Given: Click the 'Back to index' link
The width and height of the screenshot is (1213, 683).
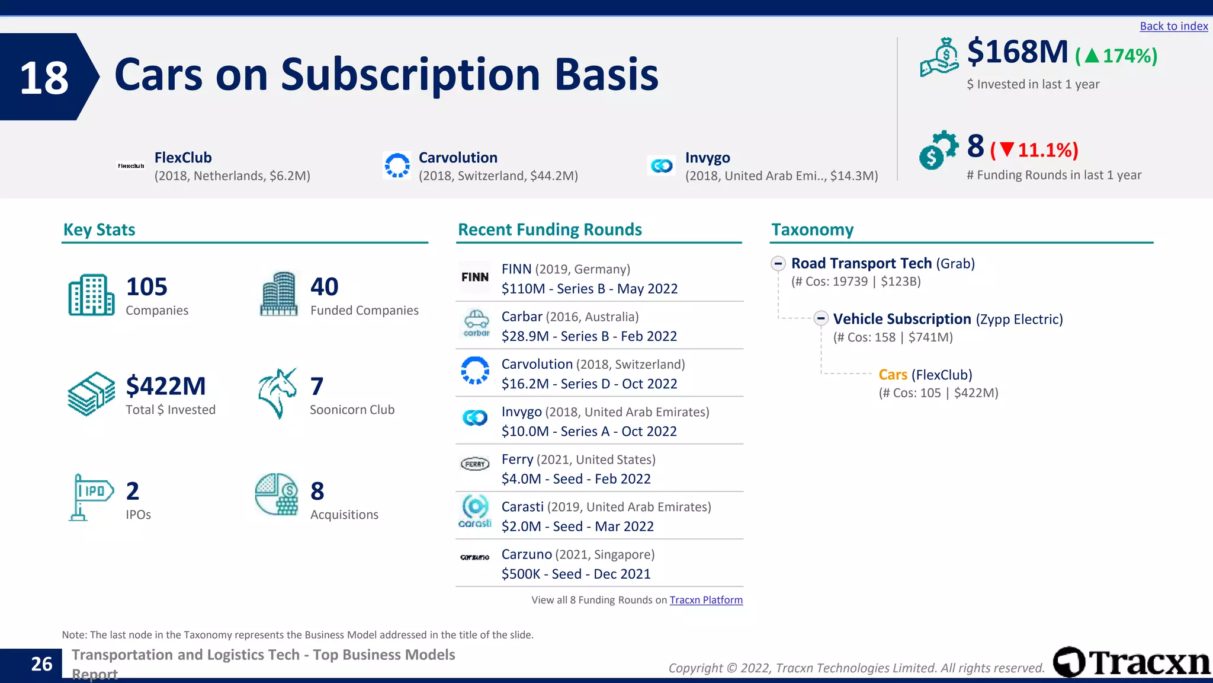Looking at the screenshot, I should point(1173,26).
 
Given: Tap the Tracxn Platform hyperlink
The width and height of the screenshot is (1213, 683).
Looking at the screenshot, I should point(705,600).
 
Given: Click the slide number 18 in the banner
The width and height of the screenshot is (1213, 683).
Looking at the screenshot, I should point(44,78).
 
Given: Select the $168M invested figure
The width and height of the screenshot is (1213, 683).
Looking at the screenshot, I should point(1017,52).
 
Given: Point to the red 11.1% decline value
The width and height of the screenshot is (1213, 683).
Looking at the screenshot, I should point(1047,150).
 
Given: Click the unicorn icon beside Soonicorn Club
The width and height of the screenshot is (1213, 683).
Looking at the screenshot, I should point(277,393).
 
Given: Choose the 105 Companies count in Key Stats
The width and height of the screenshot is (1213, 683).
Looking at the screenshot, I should point(146,287).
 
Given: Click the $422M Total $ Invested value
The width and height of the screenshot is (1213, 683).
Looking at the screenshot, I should point(166,386).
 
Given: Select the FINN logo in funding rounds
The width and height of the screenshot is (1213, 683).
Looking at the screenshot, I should point(475,277).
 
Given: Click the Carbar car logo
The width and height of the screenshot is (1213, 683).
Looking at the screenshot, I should point(476,323).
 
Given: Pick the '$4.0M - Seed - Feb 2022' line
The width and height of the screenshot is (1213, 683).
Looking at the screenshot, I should point(576,479).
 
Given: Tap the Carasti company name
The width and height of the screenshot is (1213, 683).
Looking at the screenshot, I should point(522,507).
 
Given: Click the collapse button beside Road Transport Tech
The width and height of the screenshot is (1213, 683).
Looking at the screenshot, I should point(778,263).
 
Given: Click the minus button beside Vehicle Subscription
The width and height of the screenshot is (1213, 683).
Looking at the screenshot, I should point(820,319).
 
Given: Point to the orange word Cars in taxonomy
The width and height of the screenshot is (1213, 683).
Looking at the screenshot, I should point(893,375).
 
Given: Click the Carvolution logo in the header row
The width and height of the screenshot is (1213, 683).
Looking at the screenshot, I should point(397,165).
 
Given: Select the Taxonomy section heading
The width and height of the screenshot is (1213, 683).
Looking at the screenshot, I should point(812,229).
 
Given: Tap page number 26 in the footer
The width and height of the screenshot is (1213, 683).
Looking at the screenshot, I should point(41,664).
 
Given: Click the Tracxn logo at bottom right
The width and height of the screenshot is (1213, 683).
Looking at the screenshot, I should point(1131,662).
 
